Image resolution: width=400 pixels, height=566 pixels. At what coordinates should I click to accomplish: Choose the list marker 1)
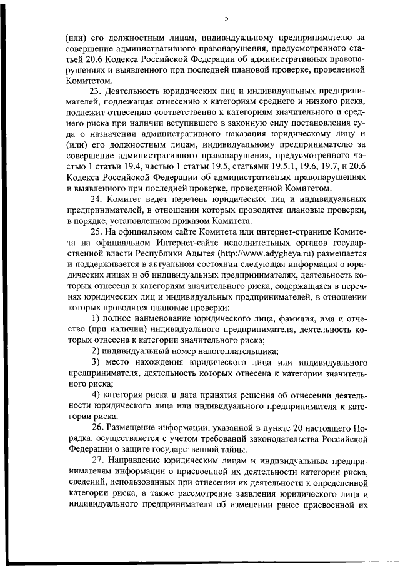(x=96, y=320)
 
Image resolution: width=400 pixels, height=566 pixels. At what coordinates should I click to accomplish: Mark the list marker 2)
(x=96, y=351)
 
